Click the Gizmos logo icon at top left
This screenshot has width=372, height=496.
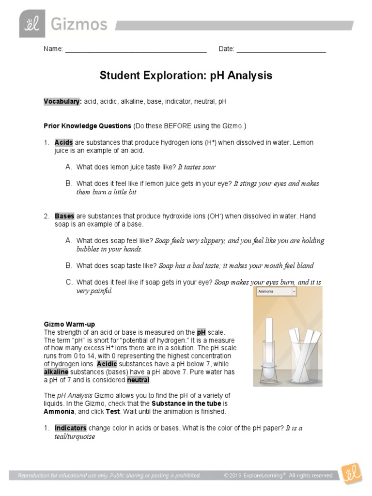(32, 24)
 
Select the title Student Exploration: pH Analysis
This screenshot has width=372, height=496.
(186, 76)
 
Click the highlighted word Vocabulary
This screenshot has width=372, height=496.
(62, 102)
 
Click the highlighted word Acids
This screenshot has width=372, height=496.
(63, 143)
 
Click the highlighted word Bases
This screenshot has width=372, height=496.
(64, 216)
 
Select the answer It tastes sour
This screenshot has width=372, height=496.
(197, 167)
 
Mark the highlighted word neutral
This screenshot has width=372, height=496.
(138, 380)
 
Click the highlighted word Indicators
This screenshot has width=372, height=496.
(70, 428)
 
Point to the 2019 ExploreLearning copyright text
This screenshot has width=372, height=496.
(278, 476)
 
